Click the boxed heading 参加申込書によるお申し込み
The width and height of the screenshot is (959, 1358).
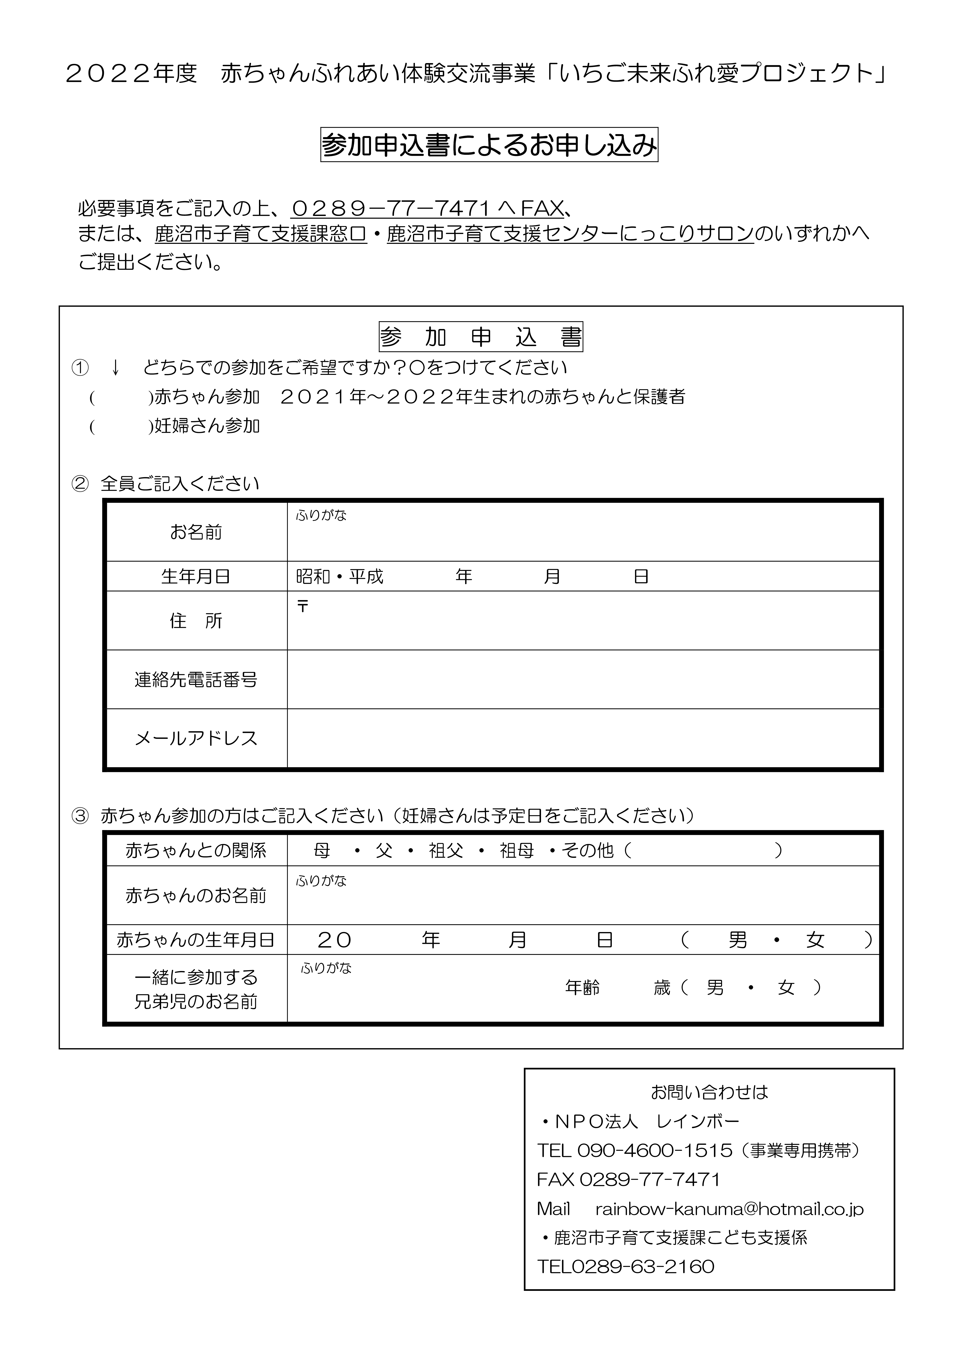pos(489,145)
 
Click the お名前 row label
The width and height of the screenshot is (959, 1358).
pos(196,532)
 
